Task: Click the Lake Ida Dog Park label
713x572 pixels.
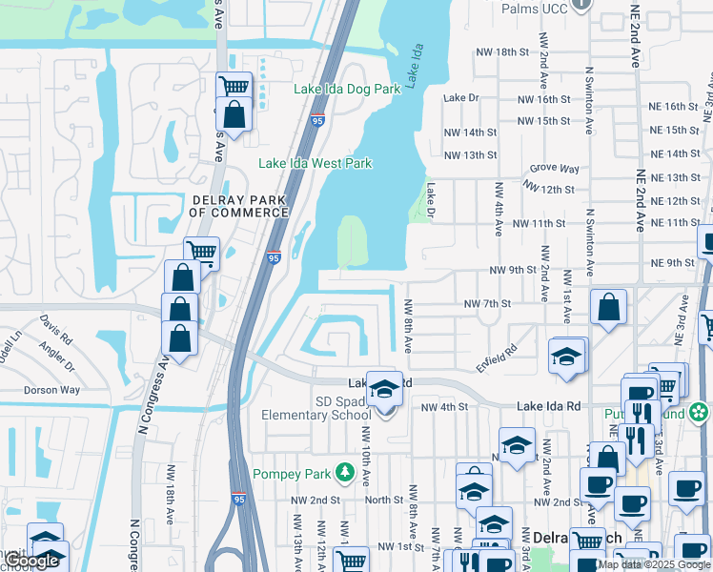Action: coord(347,89)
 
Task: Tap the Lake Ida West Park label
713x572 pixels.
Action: coord(316,163)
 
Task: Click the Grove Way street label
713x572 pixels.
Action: coord(555,169)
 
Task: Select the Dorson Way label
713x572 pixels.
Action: coord(51,390)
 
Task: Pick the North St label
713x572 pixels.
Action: coord(384,500)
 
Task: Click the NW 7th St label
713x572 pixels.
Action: coord(487,303)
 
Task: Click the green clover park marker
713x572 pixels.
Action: coord(700,412)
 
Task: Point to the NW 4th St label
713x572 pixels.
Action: coord(445,407)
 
